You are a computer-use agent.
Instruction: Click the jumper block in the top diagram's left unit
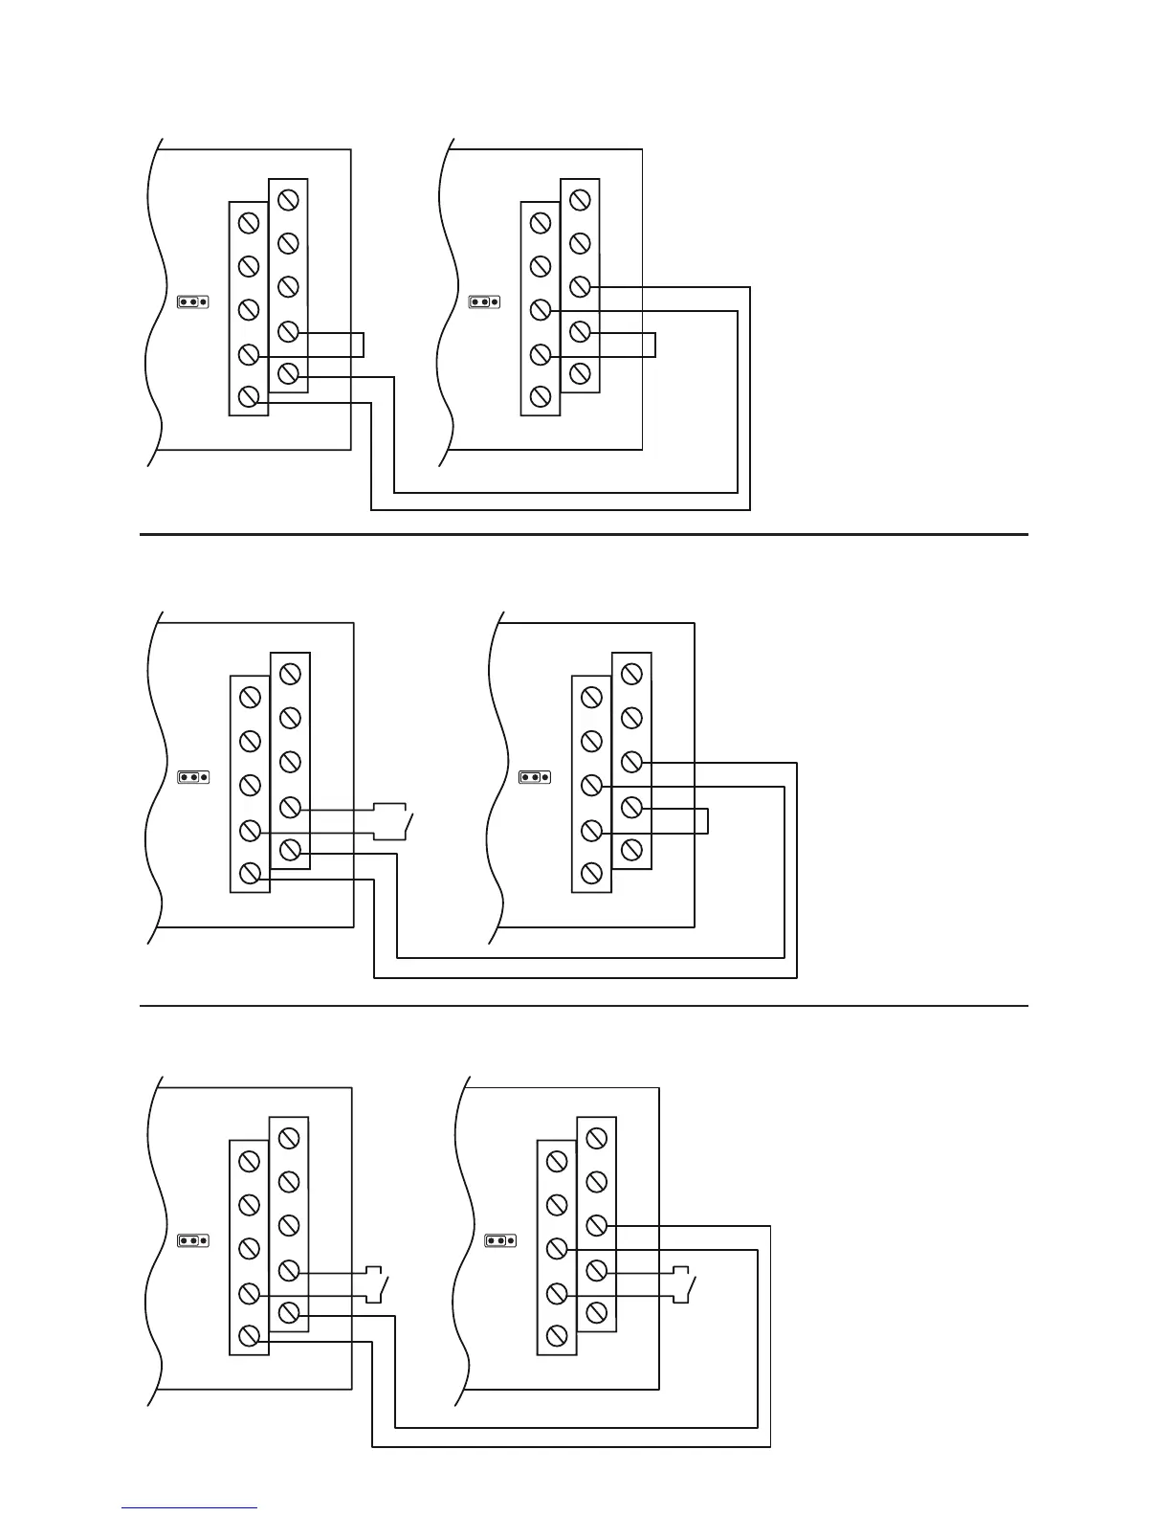(192, 301)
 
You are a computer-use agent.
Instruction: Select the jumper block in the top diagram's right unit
(484, 302)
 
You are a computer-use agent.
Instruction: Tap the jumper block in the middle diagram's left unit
(193, 777)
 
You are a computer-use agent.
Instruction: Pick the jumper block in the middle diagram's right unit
(534, 777)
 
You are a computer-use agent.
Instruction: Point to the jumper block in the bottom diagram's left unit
(193, 1241)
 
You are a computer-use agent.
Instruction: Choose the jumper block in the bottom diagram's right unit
(500, 1241)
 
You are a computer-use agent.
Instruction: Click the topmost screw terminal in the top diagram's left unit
(289, 200)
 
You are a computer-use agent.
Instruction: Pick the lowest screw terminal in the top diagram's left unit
(249, 396)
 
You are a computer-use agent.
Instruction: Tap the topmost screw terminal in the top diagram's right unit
(580, 200)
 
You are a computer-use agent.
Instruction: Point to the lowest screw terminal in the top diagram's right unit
(541, 396)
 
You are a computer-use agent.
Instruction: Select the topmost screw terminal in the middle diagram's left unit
(291, 674)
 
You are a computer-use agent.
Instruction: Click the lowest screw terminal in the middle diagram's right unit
(591, 873)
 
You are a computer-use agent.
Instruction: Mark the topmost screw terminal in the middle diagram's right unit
(631, 674)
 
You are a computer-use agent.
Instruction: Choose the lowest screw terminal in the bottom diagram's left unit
(250, 1335)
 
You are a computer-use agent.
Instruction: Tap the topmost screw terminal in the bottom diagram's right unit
(596, 1138)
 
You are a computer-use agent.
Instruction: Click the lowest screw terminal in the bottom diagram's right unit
(557, 1335)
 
